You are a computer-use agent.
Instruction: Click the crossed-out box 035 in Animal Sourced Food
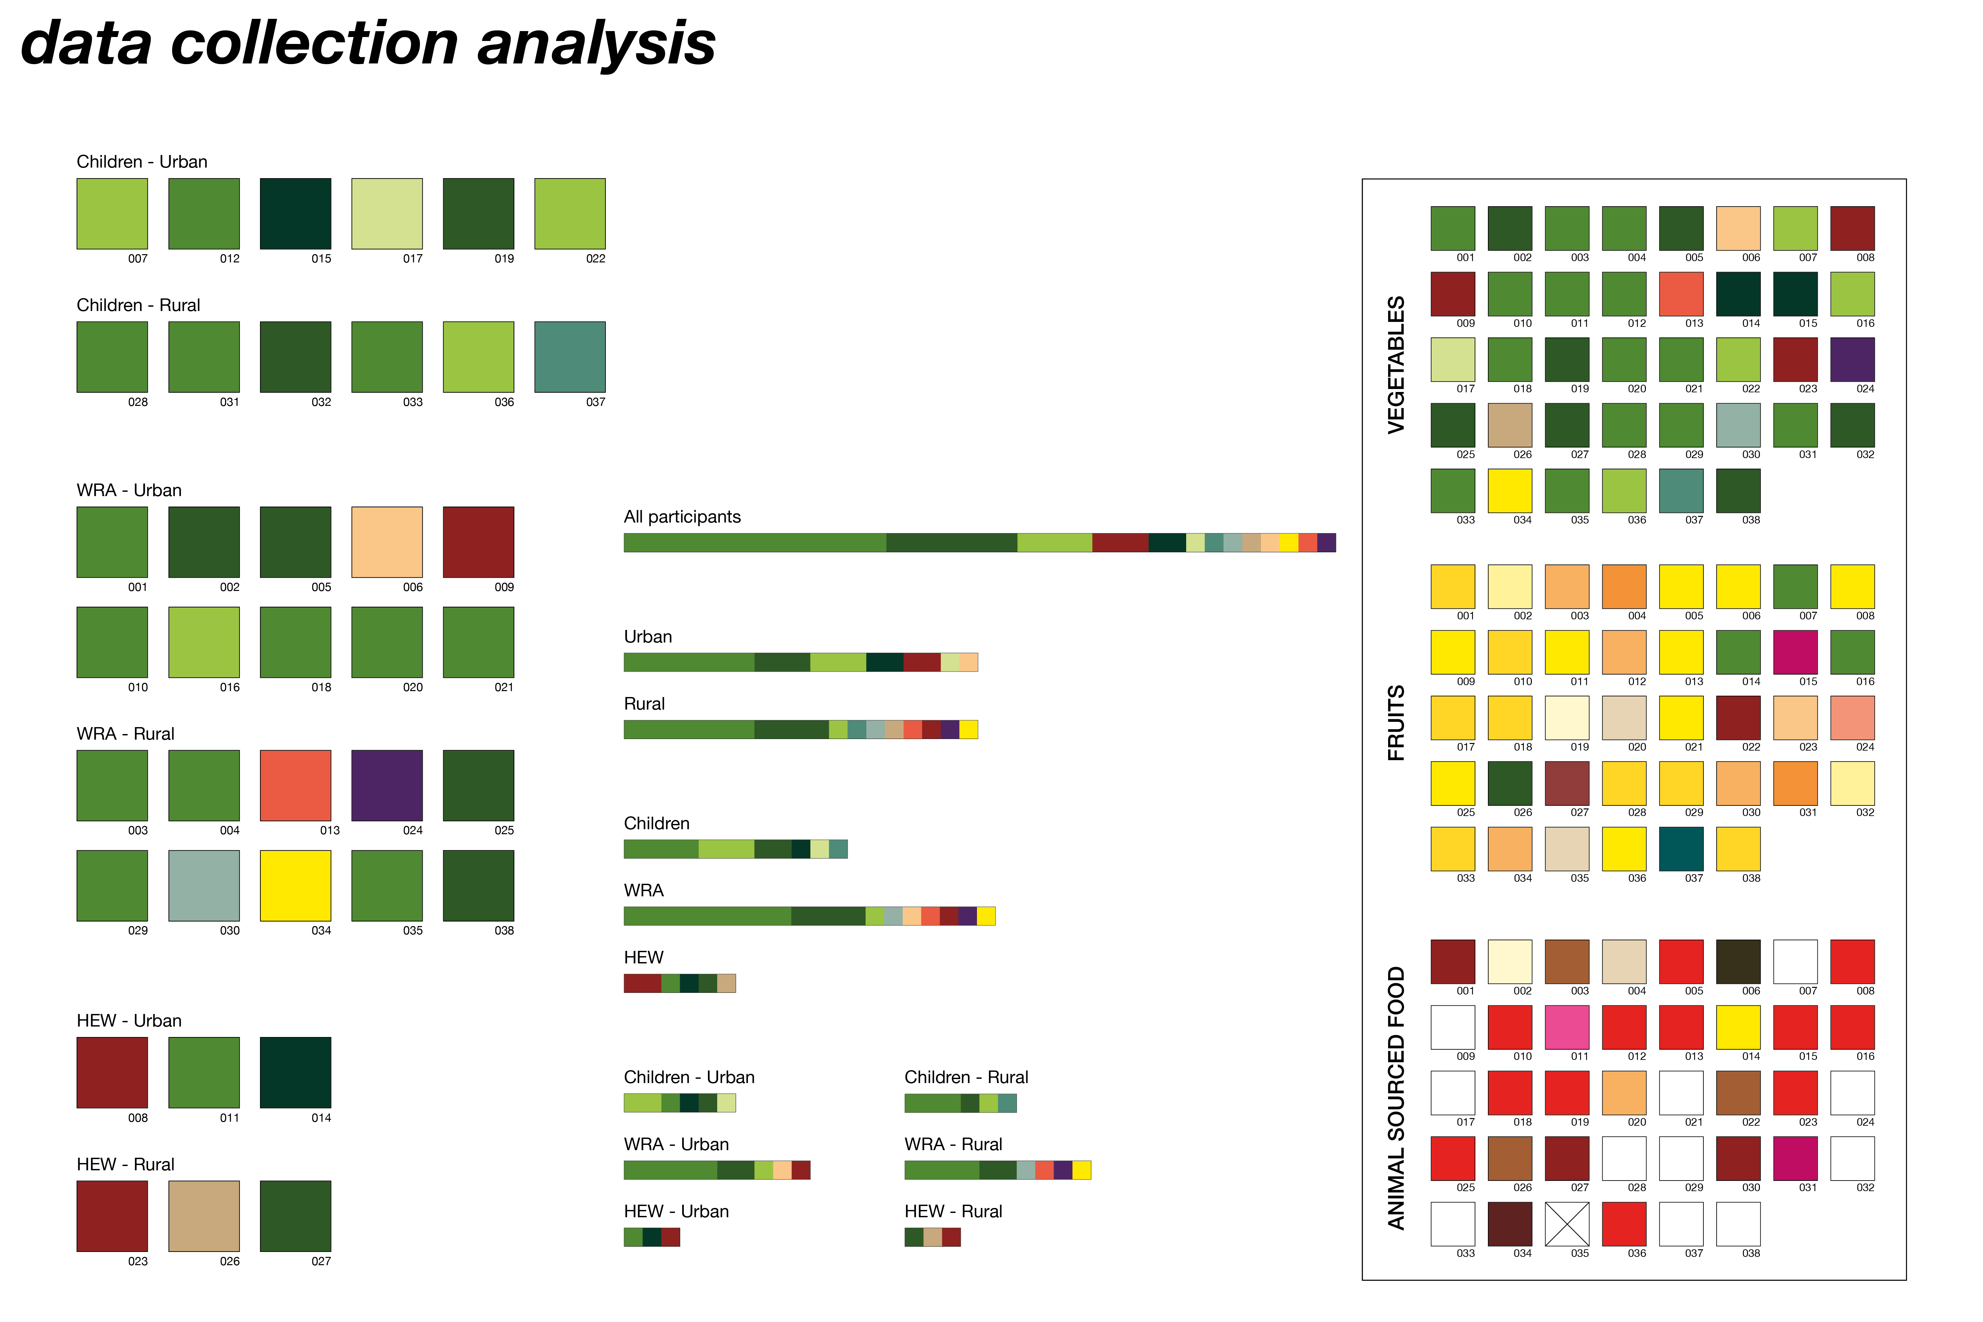(1567, 1224)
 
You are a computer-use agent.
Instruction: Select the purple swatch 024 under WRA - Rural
(387, 785)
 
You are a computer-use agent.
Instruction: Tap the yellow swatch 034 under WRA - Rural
(295, 885)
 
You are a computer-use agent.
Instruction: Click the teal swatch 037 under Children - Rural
(570, 357)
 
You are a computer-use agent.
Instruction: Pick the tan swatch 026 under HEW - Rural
(204, 1216)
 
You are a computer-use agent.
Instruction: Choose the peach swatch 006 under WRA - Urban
(387, 542)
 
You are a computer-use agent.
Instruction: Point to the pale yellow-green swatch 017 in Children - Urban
(387, 213)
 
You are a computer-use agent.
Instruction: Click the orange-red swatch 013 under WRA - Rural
(295, 785)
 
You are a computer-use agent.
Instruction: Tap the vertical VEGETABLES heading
(1396, 364)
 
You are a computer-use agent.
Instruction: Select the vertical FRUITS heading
(1396, 722)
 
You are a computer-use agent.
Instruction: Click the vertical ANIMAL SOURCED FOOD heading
(1396, 1098)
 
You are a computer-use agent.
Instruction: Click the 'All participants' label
(682, 517)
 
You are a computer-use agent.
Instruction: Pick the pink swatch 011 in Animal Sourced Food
(1567, 1027)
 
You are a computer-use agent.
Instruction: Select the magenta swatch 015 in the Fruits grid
(1795, 652)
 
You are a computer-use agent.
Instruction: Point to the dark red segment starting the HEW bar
(642, 983)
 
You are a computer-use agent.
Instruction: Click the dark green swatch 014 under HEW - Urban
(295, 1072)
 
